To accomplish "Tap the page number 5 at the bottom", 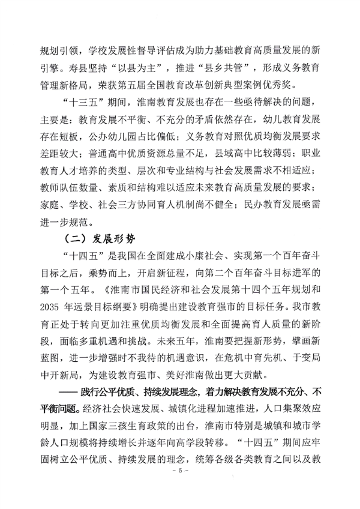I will (180, 488).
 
